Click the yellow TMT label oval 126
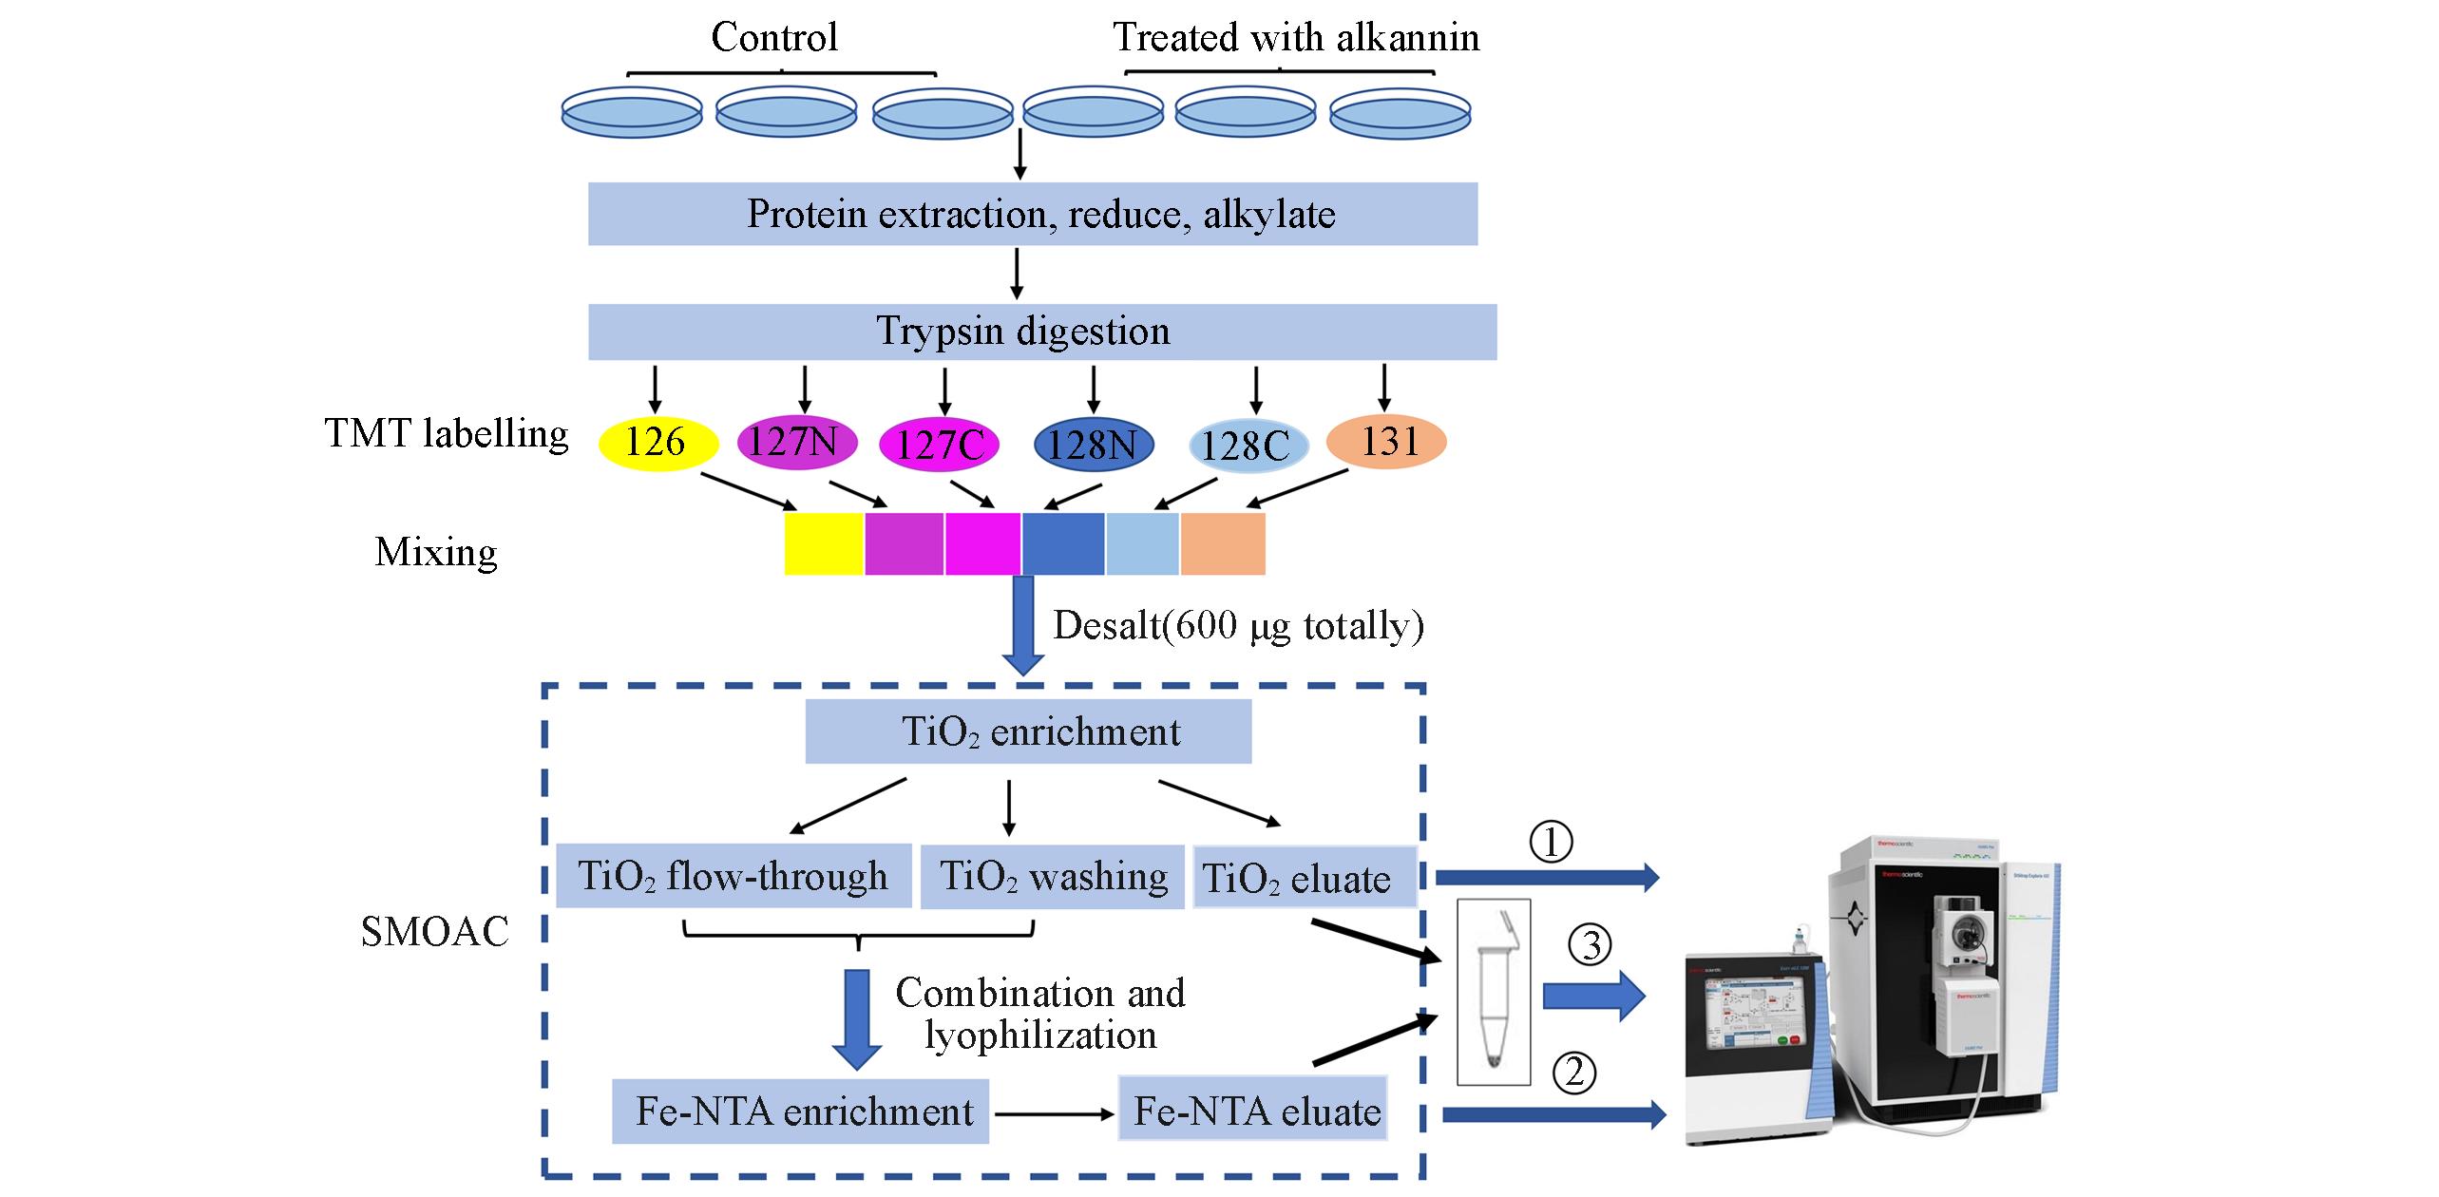coord(657,443)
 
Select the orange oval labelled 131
coord(1386,442)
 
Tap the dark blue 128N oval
coord(1093,445)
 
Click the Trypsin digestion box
coord(1041,332)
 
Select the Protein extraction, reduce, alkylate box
coord(1032,215)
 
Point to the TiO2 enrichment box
coord(1028,731)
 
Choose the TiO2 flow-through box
coord(734,876)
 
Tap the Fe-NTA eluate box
coord(1253,1110)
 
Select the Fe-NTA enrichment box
coord(800,1111)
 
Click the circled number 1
coord(1551,843)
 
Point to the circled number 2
coord(1574,1073)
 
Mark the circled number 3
coord(1591,945)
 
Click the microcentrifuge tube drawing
coord(1494,992)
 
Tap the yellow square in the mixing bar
coord(823,544)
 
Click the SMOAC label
coord(435,932)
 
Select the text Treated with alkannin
coord(1296,38)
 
